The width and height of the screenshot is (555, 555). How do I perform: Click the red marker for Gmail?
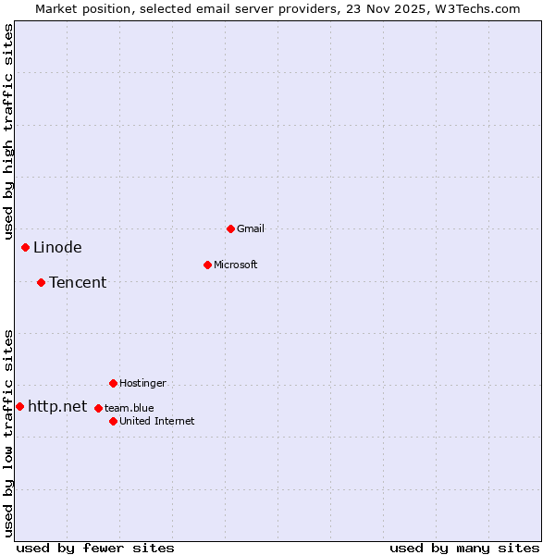point(230,228)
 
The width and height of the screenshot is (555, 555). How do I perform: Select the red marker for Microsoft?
point(207,265)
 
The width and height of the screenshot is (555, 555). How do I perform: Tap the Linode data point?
point(25,247)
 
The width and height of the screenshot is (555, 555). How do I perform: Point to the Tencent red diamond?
point(41,282)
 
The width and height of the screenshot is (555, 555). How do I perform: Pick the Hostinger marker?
point(113,383)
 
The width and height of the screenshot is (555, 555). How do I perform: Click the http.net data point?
point(19,406)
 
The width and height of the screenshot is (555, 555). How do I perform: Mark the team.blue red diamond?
point(98,408)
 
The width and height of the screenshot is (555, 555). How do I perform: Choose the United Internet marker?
point(113,421)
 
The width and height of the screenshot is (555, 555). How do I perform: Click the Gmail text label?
point(251,228)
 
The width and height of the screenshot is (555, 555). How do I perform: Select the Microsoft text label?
point(236,265)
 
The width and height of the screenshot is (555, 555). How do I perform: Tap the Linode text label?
point(57,247)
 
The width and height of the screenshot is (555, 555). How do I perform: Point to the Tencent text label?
point(78,282)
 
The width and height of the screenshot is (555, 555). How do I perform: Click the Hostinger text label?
point(142,383)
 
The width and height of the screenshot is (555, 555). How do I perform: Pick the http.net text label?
point(57,406)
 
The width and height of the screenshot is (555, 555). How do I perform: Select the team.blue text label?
point(129,408)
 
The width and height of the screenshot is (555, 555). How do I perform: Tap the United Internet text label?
point(157,421)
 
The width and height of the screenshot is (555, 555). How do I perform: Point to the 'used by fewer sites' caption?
point(95,548)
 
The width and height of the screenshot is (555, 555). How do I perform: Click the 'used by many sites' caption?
point(464,548)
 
